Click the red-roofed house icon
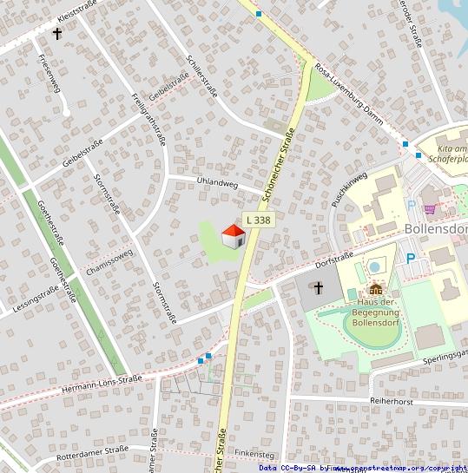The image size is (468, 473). point(234,236)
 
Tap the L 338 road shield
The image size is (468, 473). point(258,221)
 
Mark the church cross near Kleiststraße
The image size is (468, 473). point(58,35)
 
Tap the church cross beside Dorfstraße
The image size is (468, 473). point(319,287)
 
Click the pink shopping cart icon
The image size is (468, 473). point(430,208)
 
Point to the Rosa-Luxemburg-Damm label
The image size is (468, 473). point(349,95)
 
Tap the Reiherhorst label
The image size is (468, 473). point(391,402)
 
